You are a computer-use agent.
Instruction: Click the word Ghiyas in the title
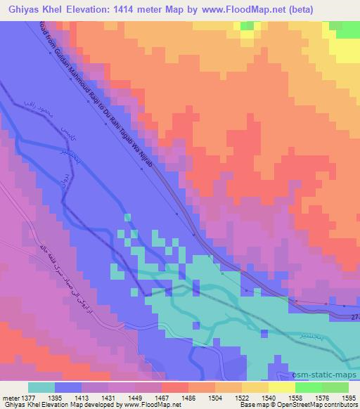(x=22, y=8)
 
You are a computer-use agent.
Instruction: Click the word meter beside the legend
(x=12, y=397)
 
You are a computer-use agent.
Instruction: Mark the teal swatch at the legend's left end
(x=41, y=387)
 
